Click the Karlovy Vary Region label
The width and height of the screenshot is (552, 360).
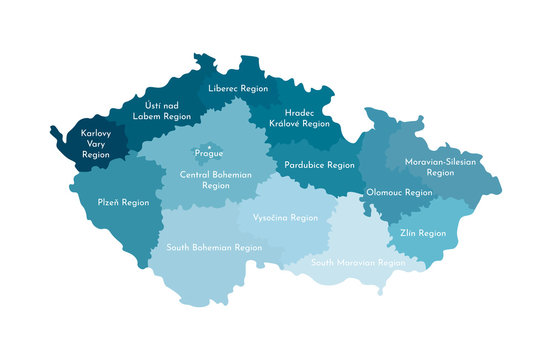coord(96,143)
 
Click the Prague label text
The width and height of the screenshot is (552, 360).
coord(209,153)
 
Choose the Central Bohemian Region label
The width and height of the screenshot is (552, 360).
coord(215,180)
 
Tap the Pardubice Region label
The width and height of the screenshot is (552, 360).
coord(319,165)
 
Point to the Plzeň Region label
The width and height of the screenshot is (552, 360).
coord(123,202)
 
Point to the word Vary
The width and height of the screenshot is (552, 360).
coord(96,143)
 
